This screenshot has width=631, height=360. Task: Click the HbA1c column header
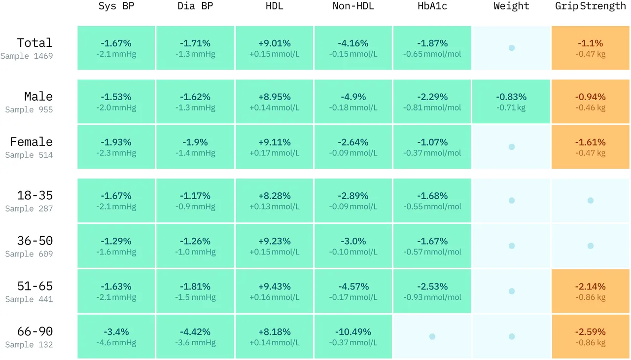pos(432,6)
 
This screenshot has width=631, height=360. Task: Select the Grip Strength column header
pos(590,6)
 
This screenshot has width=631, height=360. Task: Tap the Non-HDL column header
pos(353,6)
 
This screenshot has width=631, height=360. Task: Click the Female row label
pos(31,142)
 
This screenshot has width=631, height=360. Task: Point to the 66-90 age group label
pos(35,331)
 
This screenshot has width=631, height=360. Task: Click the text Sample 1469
pos(27,56)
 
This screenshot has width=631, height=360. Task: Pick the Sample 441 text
pos(29,299)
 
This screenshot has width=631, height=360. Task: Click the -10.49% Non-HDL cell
pos(353,336)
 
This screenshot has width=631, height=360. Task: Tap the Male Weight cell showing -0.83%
pos(511,102)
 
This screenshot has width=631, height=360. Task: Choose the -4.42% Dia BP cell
pos(195,336)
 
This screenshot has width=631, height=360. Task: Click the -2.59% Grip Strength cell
pos(591,336)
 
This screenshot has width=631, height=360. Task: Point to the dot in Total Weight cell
pos(512,48)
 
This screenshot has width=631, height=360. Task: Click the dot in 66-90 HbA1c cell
pos(432,336)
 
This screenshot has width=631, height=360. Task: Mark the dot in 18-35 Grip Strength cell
pos(591,200)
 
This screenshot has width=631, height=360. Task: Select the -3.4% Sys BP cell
pos(116,336)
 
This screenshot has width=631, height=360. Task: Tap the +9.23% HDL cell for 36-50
pos(275,246)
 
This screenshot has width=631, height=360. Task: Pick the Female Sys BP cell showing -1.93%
pos(116,147)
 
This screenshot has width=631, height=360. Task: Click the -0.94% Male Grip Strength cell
pos(591,102)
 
